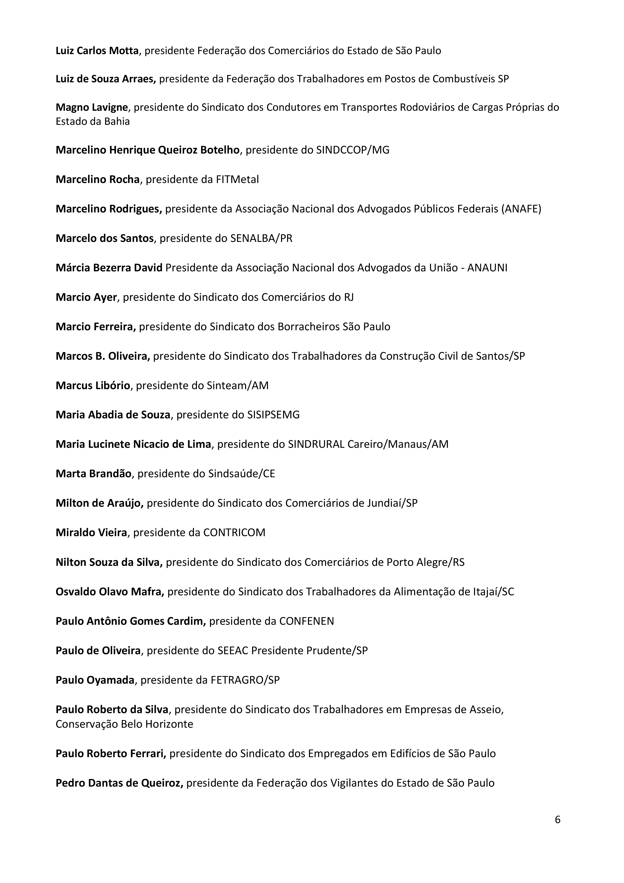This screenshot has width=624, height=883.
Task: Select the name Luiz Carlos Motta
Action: point(97,51)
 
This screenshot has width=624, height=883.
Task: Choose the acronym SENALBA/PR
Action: point(261,238)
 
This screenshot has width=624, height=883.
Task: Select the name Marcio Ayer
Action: point(86,297)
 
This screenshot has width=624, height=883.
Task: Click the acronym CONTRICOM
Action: point(234,533)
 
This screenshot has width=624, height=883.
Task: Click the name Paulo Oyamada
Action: point(95,680)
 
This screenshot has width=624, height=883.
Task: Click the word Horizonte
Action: point(170,725)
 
